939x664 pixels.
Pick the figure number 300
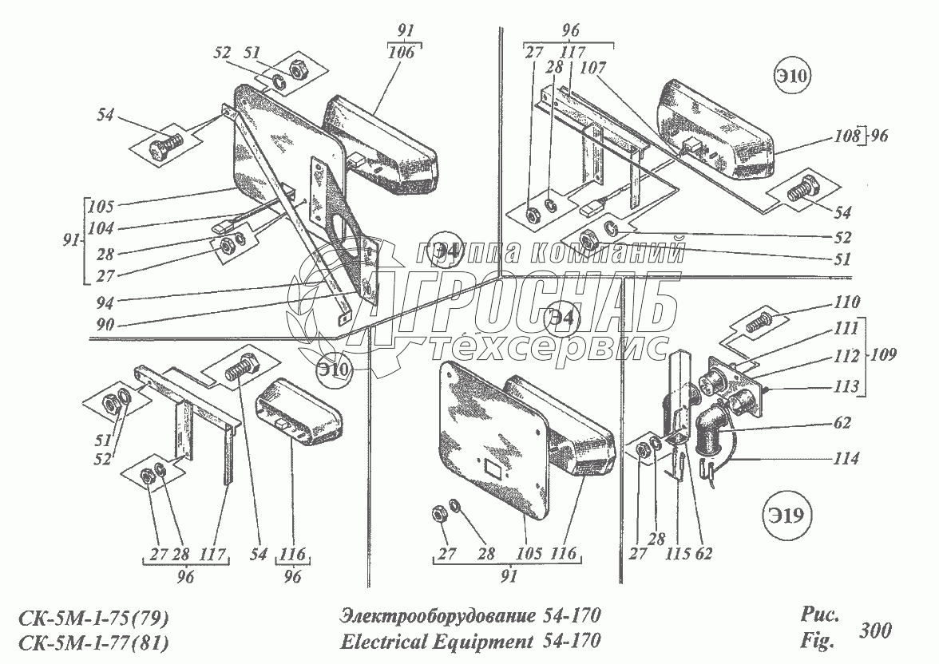click(x=876, y=630)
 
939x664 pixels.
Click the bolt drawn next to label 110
click(x=760, y=324)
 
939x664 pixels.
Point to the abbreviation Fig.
click(x=815, y=640)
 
